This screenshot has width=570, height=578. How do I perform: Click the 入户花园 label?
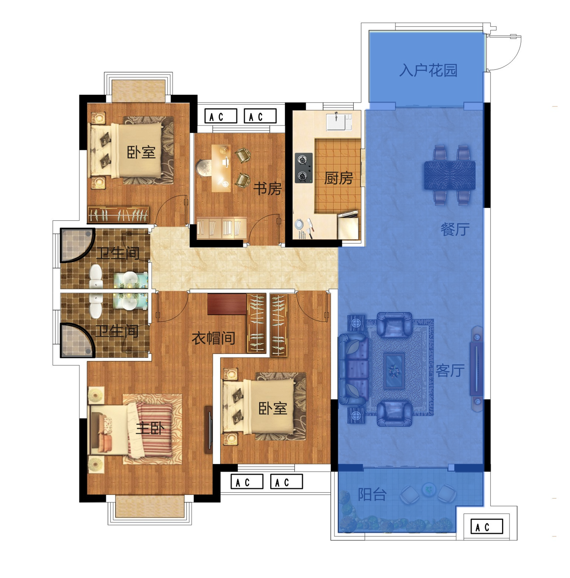(428, 70)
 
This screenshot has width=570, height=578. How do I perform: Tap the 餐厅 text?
(455, 229)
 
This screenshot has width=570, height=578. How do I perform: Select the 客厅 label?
(450, 370)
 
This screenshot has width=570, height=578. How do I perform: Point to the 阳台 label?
(372, 495)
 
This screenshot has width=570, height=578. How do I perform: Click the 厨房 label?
(338, 178)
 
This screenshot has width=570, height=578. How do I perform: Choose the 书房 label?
(267, 189)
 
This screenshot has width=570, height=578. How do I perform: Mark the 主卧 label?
(150, 428)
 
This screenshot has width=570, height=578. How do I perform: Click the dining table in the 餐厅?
(449, 175)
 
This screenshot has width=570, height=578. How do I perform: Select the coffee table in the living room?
(394, 371)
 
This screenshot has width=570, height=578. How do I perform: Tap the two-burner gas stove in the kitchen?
(304, 168)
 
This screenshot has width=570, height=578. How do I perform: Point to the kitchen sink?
(339, 122)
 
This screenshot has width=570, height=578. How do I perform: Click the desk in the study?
(221, 168)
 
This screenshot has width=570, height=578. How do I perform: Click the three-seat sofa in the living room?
(353, 369)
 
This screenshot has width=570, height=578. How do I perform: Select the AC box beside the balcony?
(487, 527)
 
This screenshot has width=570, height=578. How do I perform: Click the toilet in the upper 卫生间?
(96, 276)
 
